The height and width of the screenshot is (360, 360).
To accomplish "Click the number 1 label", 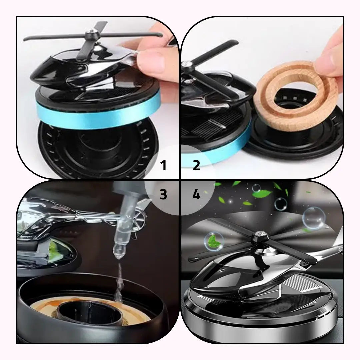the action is pyautogui.click(x=163, y=166).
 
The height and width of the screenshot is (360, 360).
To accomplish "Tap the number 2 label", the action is pyautogui.click(x=196, y=166).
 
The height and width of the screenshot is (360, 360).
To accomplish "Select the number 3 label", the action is pyautogui.click(x=163, y=194).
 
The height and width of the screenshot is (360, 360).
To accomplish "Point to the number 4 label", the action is pyautogui.click(x=196, y=195).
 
